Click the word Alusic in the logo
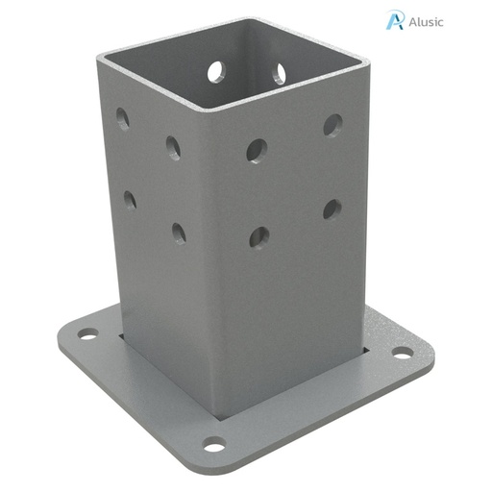(427, 21)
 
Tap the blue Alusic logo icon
(394, 20)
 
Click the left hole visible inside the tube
(215, 71)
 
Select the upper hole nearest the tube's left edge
(123, 119)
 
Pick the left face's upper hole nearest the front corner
(174, 147)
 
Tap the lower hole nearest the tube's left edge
(130, 200)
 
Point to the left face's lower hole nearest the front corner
(179, 233)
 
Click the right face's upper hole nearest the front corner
(257, 150)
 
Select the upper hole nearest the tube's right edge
(332, 124)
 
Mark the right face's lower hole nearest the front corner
(258, 236)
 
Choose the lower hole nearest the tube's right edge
(332, 209)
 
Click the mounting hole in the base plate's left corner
(88, 334)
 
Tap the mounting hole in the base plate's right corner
(403, 353)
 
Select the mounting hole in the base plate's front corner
(213, 444)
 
